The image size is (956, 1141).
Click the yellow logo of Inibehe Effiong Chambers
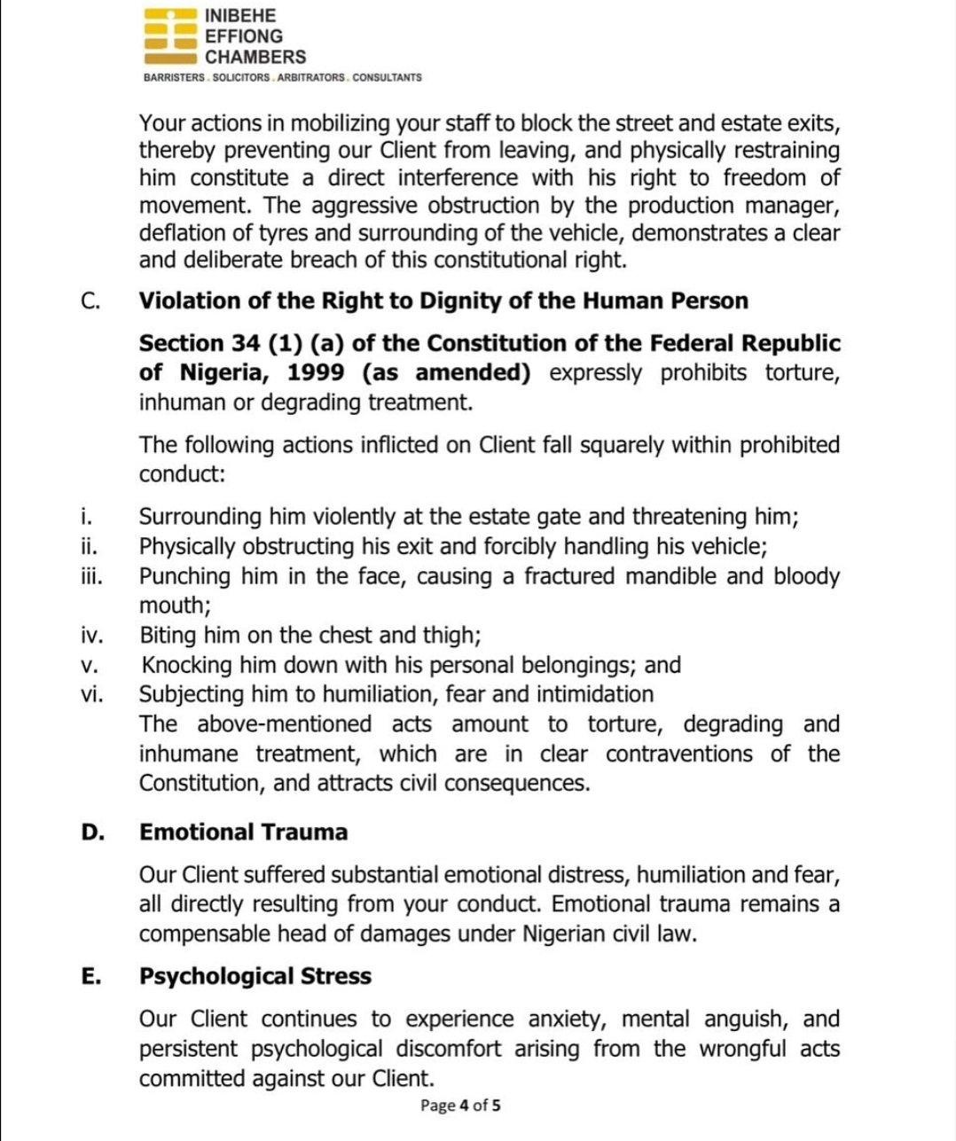click(x=169, y=36)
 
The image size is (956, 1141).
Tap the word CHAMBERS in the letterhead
click(x=255, y=57)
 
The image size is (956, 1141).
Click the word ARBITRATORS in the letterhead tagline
click(x=310, y=78)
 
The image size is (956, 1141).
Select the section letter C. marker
click(x=90, y=301)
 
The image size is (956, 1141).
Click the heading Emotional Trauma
click(x=244, y=832)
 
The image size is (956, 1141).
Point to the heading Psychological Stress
click(x=255, y=977)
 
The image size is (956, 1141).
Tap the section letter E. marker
click(x=90, y=977)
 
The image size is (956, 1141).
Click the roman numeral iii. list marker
click(x=91, y=577)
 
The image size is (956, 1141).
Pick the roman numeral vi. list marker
click(x=92, y=695)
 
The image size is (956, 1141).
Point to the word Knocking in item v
click(x=184, y=666)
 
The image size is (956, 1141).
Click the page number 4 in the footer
click(x=464, y=1106)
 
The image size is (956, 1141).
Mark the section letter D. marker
click(x=91, y=832)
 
